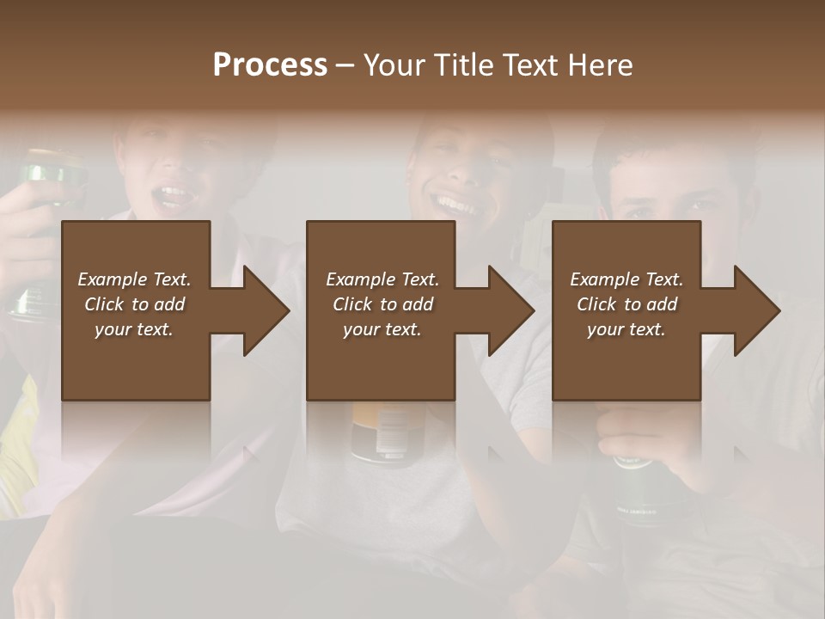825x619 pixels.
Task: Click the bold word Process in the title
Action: coord(270,65)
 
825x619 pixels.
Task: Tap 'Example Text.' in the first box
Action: coord(134,279)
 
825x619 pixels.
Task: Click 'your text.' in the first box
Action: coord(134,329)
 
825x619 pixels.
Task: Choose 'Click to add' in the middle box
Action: coord(382,304)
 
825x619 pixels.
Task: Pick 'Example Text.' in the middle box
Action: coord(382,279)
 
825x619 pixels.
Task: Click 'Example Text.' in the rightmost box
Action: coord(626,279)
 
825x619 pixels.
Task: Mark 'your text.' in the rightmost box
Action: coord(626,329)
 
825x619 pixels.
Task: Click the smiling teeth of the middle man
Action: coord(456,205)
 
